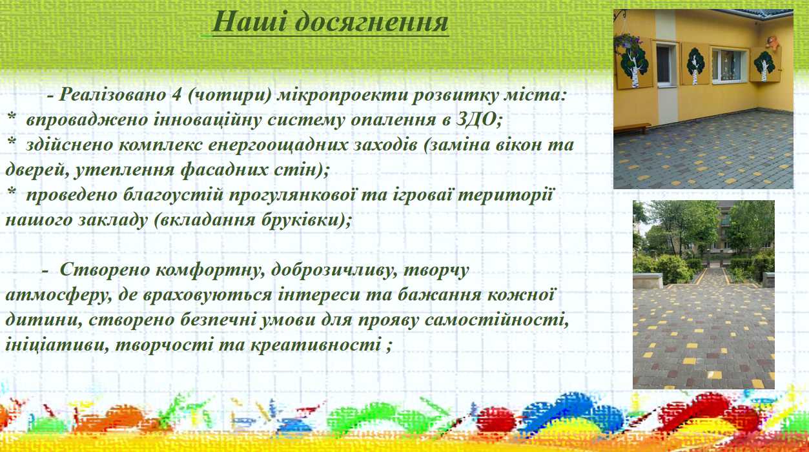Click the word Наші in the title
tap(250, 22)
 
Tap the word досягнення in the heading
tap(372, 23)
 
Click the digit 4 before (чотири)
tap(177, 95)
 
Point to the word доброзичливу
tap(333, 271)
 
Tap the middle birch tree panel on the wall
tap(695, 64)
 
